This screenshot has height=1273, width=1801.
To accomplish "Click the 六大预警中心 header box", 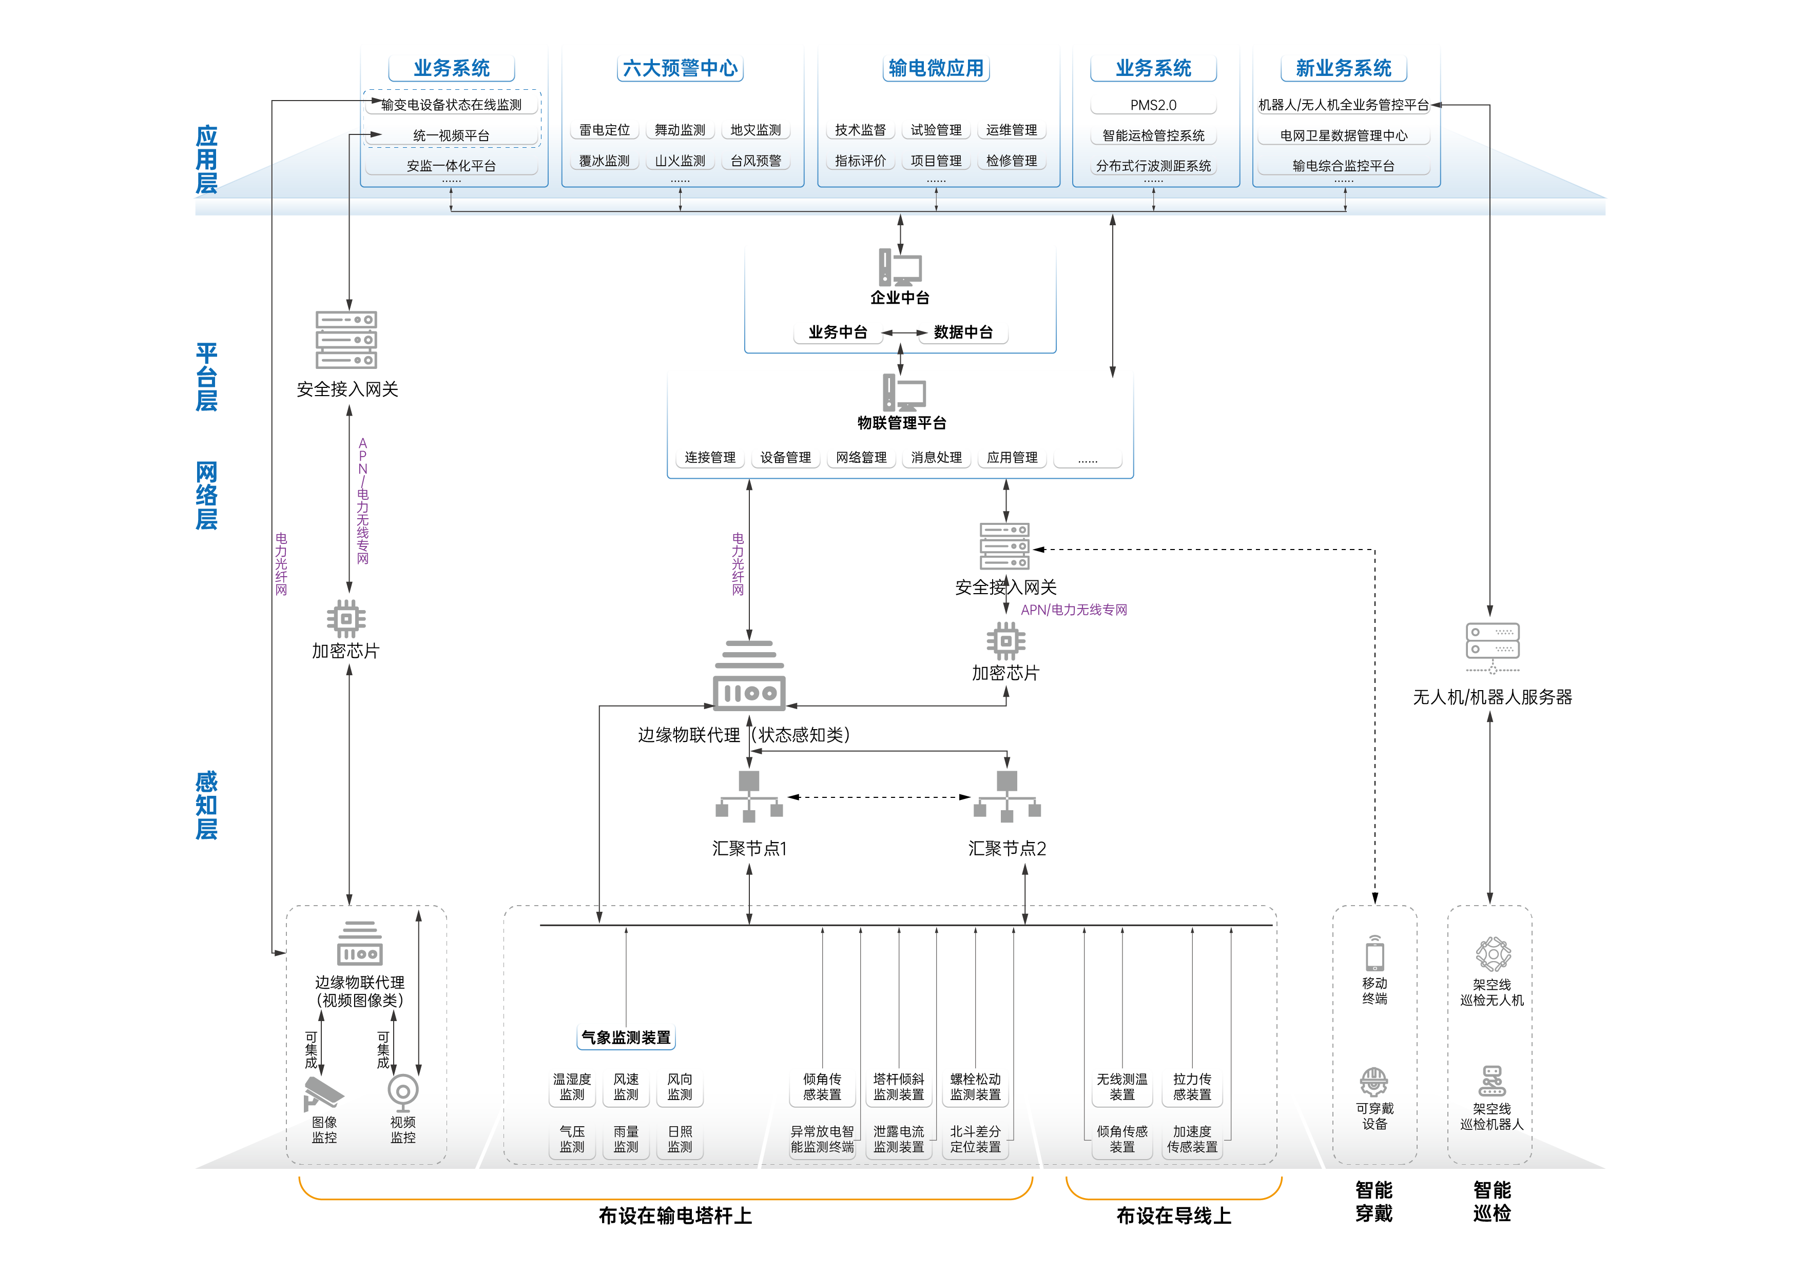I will pos(680,68).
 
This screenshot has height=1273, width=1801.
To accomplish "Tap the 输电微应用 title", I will pos(935,68).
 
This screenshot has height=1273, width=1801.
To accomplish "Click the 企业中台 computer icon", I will pos(900,267).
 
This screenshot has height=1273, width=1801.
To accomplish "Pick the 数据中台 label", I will pos(963,332).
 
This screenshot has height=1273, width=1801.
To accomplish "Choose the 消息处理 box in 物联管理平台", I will pos(936,457).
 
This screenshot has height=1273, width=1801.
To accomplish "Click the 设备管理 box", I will pos(785,457).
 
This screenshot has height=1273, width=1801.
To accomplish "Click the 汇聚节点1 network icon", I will pos(749,796).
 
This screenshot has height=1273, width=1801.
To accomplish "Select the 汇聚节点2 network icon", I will pos(1007,796).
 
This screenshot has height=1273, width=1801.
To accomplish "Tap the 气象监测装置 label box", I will pos(626,1037).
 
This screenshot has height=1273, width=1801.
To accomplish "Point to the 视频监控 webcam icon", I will pos(403,1091).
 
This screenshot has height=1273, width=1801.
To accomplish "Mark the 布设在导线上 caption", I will pos(1173,1216).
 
